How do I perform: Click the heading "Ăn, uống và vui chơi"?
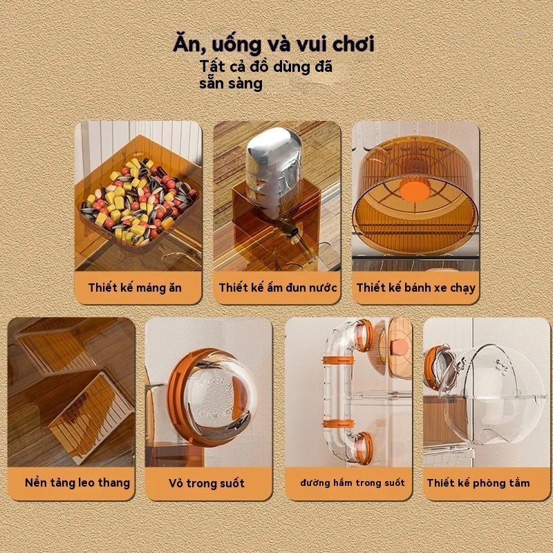click(274, 44)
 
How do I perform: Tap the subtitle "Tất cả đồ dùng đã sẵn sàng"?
click(266, 75)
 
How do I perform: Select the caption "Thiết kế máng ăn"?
click(135, 288)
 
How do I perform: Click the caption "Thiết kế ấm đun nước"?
click(278, 288)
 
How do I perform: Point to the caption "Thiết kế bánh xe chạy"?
click(416, 288)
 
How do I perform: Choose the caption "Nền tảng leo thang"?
click(77, 482)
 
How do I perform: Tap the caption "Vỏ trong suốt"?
click(207, 482)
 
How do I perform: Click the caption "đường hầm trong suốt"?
click(353, 482)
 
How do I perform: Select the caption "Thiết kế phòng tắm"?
click(478, 482)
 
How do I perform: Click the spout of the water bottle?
click(291, 229)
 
